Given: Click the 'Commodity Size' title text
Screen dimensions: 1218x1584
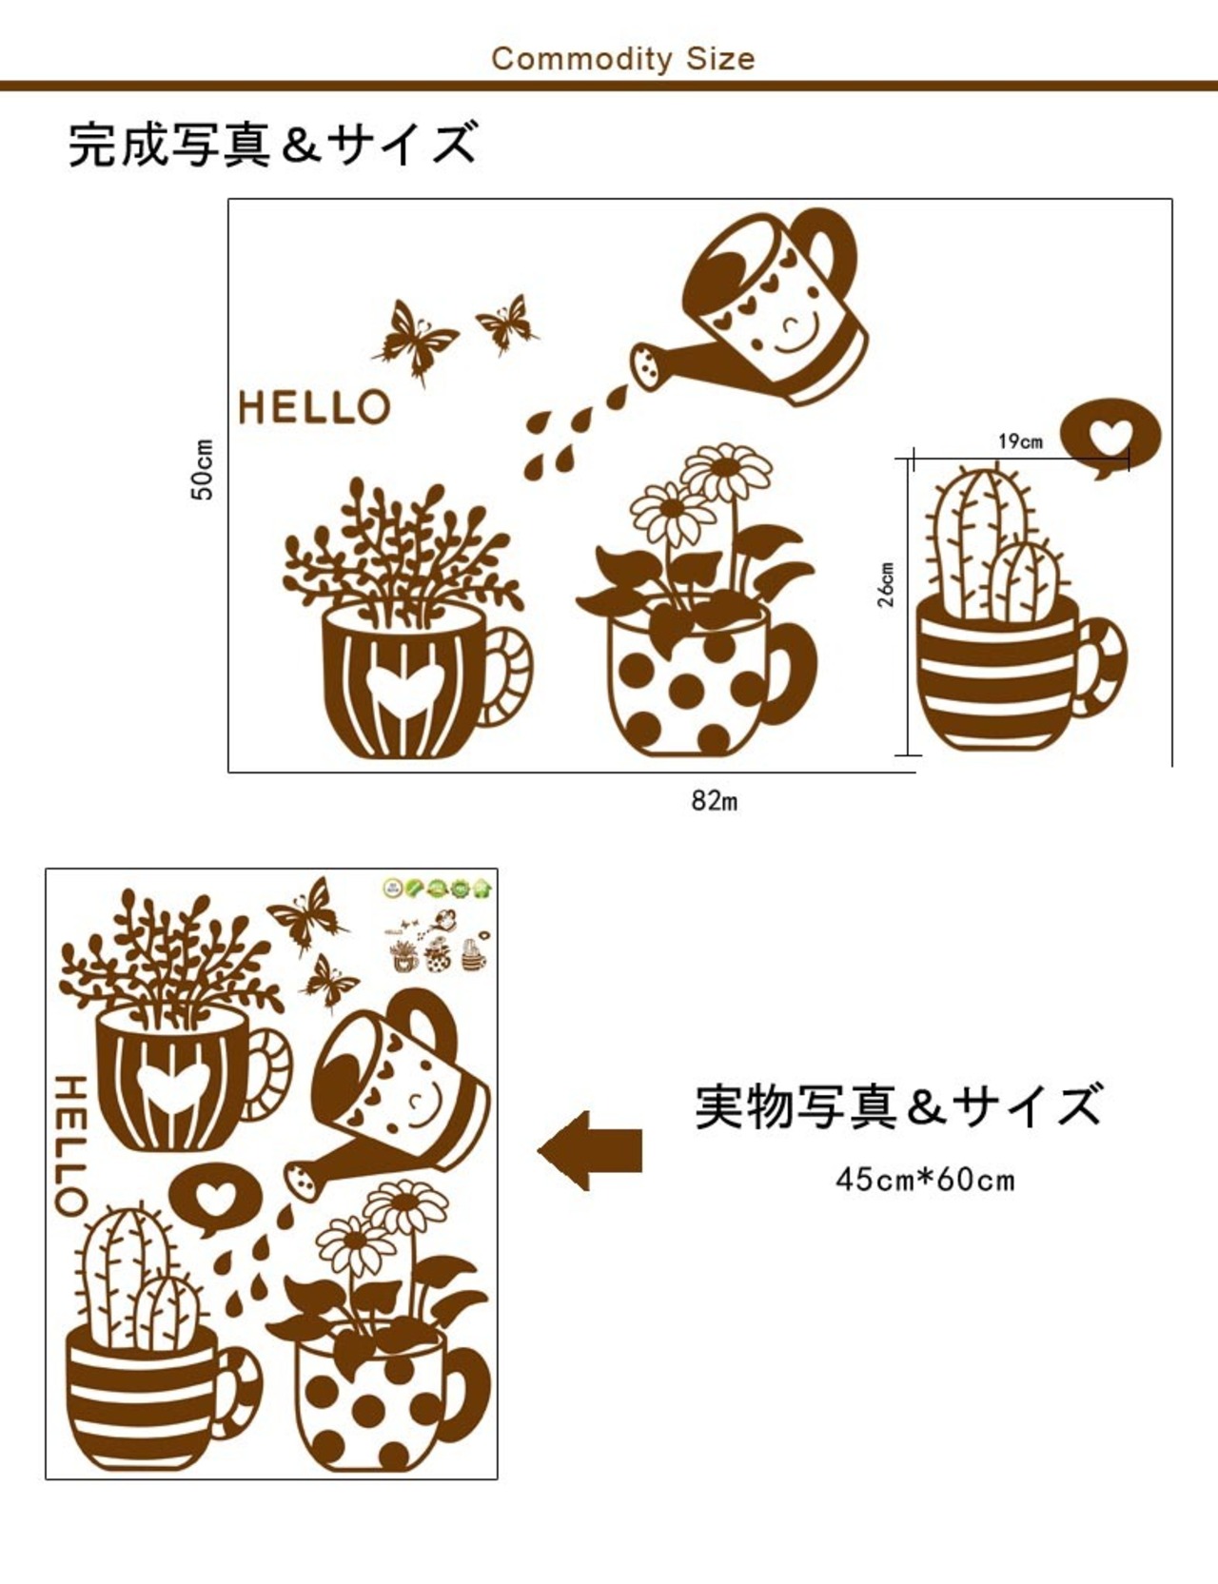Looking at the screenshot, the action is coord(623,59).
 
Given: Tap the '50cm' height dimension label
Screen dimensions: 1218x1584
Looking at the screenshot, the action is coord(203,469).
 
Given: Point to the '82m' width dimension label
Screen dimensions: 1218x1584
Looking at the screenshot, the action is coord(715,801).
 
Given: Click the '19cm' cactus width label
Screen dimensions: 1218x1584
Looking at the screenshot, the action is coord(1020,441).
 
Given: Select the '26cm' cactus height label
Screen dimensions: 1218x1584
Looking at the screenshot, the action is coord(886,584).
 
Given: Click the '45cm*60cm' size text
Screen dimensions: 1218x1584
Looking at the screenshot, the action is coord(925,1180).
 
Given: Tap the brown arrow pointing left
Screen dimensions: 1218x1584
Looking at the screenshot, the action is coord(590,1151).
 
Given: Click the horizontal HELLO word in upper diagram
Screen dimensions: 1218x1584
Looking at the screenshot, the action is coord(314,407).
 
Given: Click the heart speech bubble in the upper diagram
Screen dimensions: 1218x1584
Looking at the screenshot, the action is coord(1110,440).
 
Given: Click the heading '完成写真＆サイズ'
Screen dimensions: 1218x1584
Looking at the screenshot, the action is coord(272,145).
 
